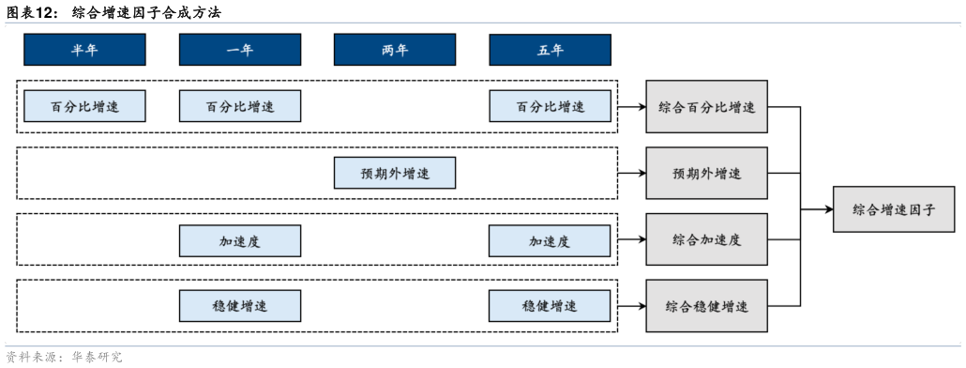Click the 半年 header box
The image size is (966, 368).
point(84,50)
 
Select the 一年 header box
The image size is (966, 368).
point(240,50)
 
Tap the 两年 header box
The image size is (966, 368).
point(395,50)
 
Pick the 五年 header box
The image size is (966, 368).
point(550,50)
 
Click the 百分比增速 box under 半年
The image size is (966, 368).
point(84,106)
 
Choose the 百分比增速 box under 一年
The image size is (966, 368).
point(240,106)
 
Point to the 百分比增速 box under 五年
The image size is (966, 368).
point(550,106)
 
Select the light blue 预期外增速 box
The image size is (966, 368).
point(395,173)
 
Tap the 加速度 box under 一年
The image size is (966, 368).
point(240,240)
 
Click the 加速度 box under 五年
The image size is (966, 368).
point(550,240)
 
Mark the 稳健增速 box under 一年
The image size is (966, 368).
point(240,306)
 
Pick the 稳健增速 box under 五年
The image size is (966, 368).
point(550,306)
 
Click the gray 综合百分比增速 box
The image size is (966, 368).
point(706,107)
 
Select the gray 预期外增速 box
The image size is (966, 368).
point(706,174)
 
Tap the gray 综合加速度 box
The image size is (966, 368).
point(706,239)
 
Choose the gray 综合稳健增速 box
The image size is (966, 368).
point(706,306)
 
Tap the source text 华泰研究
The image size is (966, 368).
point(102,358)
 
